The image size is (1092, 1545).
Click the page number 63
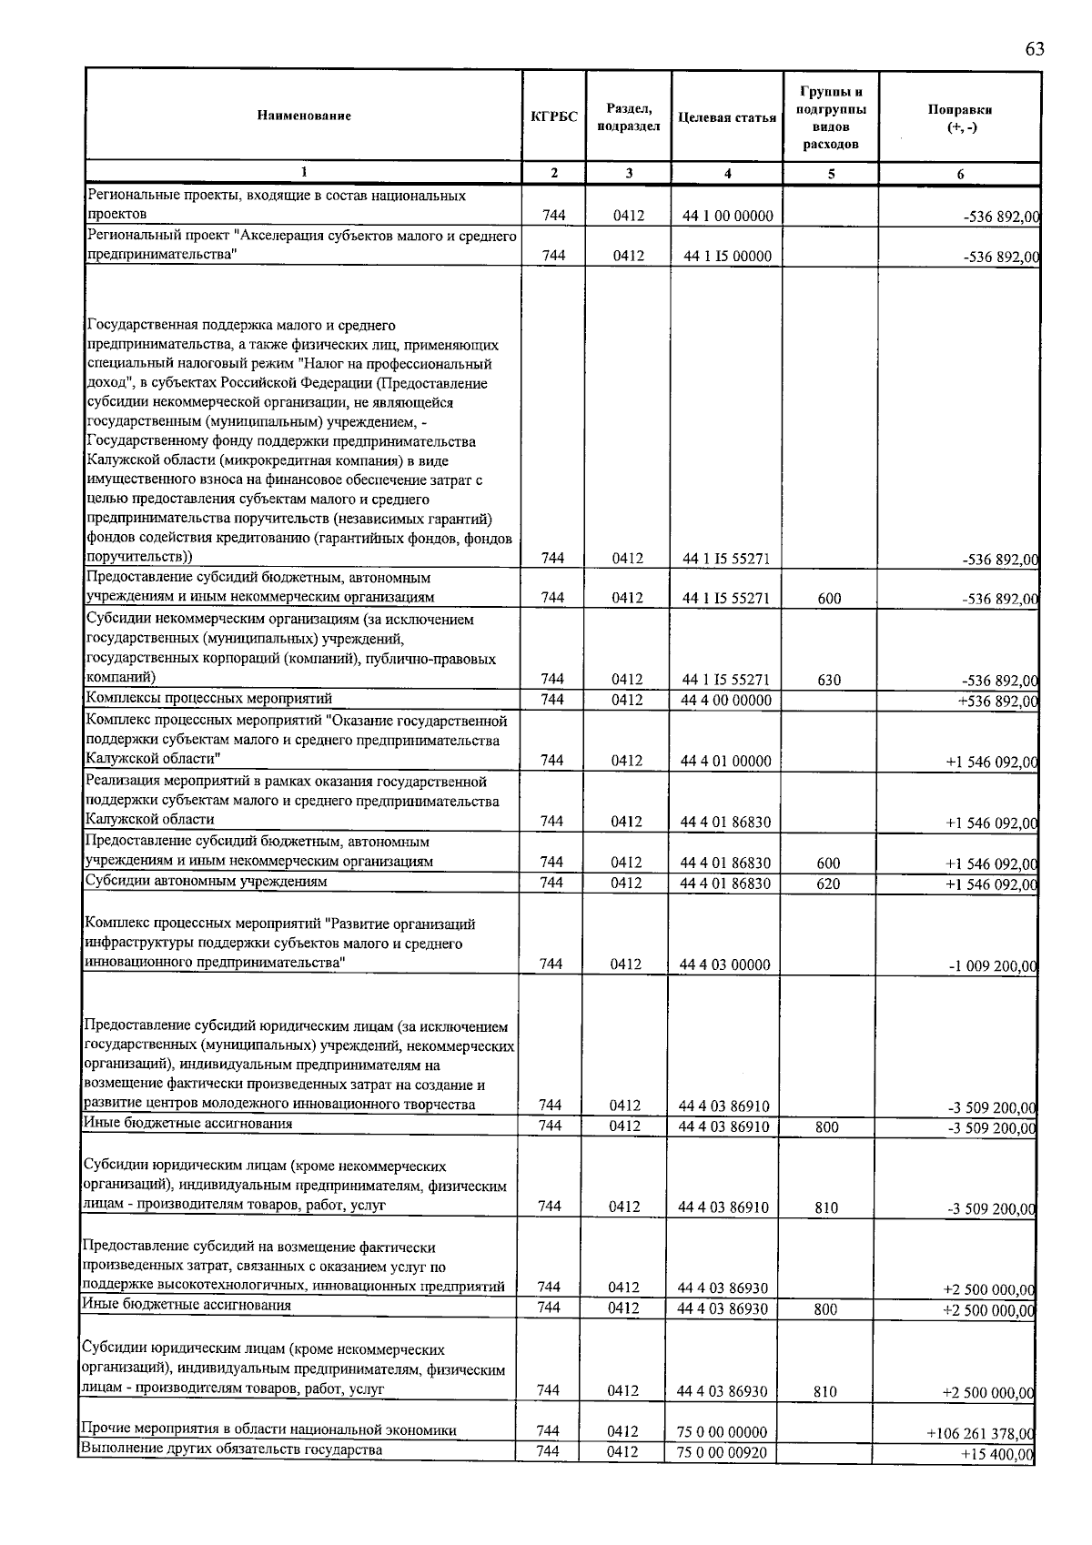click(1034, 49)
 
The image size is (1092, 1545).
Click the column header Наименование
click(304, 116)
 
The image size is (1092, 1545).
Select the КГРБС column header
click(553, 116)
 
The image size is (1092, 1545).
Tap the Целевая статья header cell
click(726, 117)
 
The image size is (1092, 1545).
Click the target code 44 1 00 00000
click(727, 217)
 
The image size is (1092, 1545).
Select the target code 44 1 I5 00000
click(727, 257)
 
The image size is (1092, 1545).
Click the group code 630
click(828, 680)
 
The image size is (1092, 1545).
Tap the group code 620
click(828, 884)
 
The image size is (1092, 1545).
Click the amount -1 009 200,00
click(992, 966)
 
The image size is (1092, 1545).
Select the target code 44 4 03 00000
click(725, 964)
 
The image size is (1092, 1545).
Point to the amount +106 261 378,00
click(981, 1433)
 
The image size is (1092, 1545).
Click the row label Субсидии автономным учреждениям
click(206, 881)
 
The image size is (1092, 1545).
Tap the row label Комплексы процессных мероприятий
click(209, 698)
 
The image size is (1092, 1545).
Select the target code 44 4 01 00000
click(726, 762)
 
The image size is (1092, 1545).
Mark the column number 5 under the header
click(830, 174)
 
